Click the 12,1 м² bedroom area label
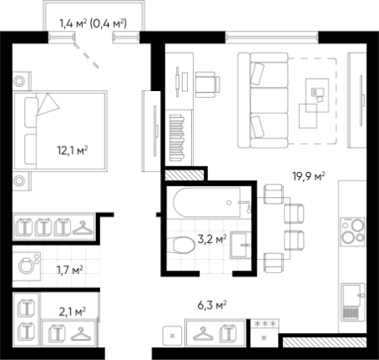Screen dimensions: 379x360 (x=72, y=150)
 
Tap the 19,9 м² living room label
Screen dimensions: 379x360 (x=309, y=176)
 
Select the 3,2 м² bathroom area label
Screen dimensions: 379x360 (x=212, y=239)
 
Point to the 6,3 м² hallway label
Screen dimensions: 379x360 (x=212, y=305)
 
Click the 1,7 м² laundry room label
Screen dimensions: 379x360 (x=70, y=270)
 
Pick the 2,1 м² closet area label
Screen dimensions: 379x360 (x=72, y=311)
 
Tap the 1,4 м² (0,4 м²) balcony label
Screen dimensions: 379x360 (x=93, y=24)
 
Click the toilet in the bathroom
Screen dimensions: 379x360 (x=181, y=244)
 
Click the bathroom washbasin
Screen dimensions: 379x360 (x=240, y=244)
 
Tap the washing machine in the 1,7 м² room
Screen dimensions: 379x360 (x=27, y=266)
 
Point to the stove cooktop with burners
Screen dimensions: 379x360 (x=353, y=230)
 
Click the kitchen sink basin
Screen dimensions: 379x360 (x=351, y=296)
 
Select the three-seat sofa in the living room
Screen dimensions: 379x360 (x=263, y=100)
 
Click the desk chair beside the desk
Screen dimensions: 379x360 (x=207, y=84)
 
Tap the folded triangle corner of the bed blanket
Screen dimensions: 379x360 (x=47, y=105)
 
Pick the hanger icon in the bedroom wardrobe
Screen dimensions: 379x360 (x=83, y=228)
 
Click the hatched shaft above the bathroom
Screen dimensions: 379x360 (x=184, y=175)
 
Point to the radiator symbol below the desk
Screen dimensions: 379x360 (x=177, y=137)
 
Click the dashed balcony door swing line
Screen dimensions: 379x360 (x=86, y=56)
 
